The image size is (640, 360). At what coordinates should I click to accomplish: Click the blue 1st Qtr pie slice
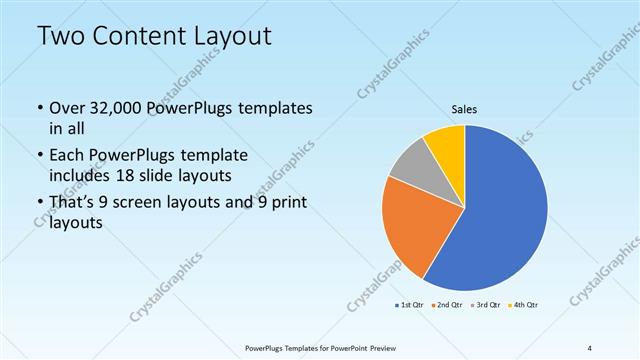point(500,210)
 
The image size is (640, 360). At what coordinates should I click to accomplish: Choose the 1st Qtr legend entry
point(414,304)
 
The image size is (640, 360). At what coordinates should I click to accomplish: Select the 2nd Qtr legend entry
point(448,304)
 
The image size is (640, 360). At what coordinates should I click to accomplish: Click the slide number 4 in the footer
point(590,347)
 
